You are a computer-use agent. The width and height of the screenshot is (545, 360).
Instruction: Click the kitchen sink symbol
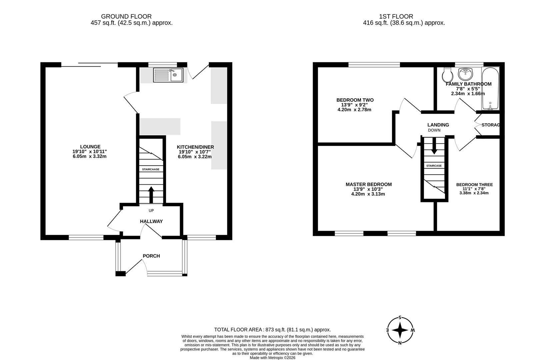click(x=168, y=75)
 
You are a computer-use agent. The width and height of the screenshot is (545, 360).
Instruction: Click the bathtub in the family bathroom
click(x=490, y=89)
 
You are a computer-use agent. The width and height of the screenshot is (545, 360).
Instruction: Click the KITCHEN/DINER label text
click(x=195, y=147)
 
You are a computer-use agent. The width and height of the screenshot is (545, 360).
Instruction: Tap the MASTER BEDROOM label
click(x=368, y=184)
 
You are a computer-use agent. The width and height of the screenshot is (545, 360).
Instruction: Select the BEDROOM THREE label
click(x=474, y=185)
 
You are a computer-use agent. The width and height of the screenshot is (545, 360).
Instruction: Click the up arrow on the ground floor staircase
click(x=151, y=195)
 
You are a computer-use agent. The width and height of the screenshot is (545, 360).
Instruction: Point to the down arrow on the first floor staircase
click(x=434, y=147)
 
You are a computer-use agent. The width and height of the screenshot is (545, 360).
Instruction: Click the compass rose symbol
click(x=400, y=330)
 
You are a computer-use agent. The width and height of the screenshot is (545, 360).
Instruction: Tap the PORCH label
click(x=151, y=256)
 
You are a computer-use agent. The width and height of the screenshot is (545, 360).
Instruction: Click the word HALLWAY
click(x=151, y=221)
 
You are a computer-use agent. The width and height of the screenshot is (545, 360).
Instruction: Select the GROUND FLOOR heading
click(x=126, y=16)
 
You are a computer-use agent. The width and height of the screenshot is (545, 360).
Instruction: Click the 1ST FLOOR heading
click(x=396, y=16)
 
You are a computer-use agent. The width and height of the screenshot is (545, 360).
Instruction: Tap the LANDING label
click(x=438, y=125)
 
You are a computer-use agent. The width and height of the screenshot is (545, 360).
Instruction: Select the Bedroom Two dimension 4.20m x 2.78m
click(x=355, y=109)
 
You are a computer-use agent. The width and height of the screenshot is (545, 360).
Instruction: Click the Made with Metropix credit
click(x=272, y=358)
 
